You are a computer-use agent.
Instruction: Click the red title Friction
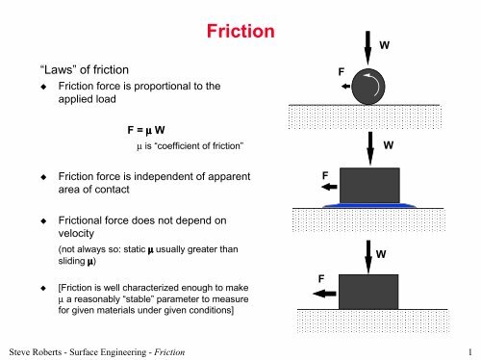point(240,32)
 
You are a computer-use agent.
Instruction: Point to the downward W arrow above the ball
point(367,48)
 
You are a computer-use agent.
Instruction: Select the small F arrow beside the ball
point(345,86)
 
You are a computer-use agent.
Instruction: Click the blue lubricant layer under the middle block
point(369,205)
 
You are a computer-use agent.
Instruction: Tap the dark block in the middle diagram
point(369,185)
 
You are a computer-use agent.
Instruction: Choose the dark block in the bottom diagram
point(368,292)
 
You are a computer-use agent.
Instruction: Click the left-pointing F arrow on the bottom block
point(324,294)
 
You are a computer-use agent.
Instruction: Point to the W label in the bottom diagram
point(381,254)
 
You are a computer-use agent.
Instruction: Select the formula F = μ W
point(146,130)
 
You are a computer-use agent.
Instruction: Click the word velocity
point(76,233)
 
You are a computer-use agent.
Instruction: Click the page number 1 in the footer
point(470,352)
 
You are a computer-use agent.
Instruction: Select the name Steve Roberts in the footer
point(36,352)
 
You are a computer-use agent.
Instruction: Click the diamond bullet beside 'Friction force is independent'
point(43,177)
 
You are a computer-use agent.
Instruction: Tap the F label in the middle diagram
point(325,175)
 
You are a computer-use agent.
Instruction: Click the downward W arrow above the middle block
point(370,148)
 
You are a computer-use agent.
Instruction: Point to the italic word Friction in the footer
point(169,352)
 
